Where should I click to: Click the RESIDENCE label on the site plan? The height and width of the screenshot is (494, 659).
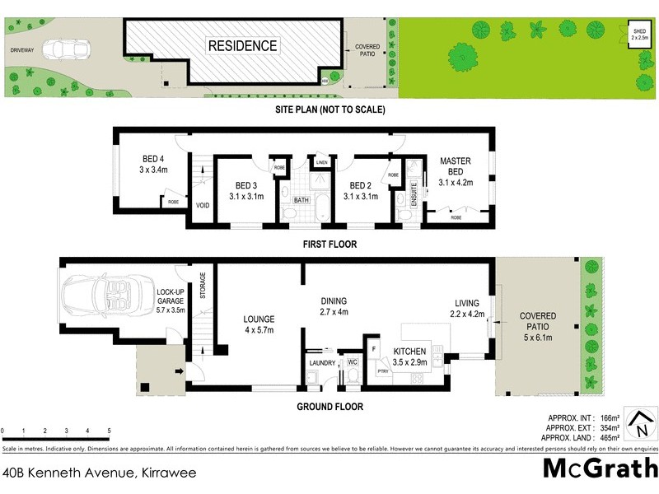[242, 45]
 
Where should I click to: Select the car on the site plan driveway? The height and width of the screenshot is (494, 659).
[62, 49]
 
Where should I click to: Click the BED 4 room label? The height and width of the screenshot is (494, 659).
[155, 165]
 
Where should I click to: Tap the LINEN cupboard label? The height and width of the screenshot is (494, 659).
[321, 164]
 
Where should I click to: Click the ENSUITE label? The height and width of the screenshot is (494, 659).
[414, 198]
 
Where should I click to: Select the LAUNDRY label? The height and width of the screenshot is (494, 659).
[321, 362]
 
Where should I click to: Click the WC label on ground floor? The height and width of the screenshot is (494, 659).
[352, 361]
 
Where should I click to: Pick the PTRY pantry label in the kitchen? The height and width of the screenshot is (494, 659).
[382, 372]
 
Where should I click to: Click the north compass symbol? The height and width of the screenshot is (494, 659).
[638, 424]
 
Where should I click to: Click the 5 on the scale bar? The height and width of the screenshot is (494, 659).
[109, 431]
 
